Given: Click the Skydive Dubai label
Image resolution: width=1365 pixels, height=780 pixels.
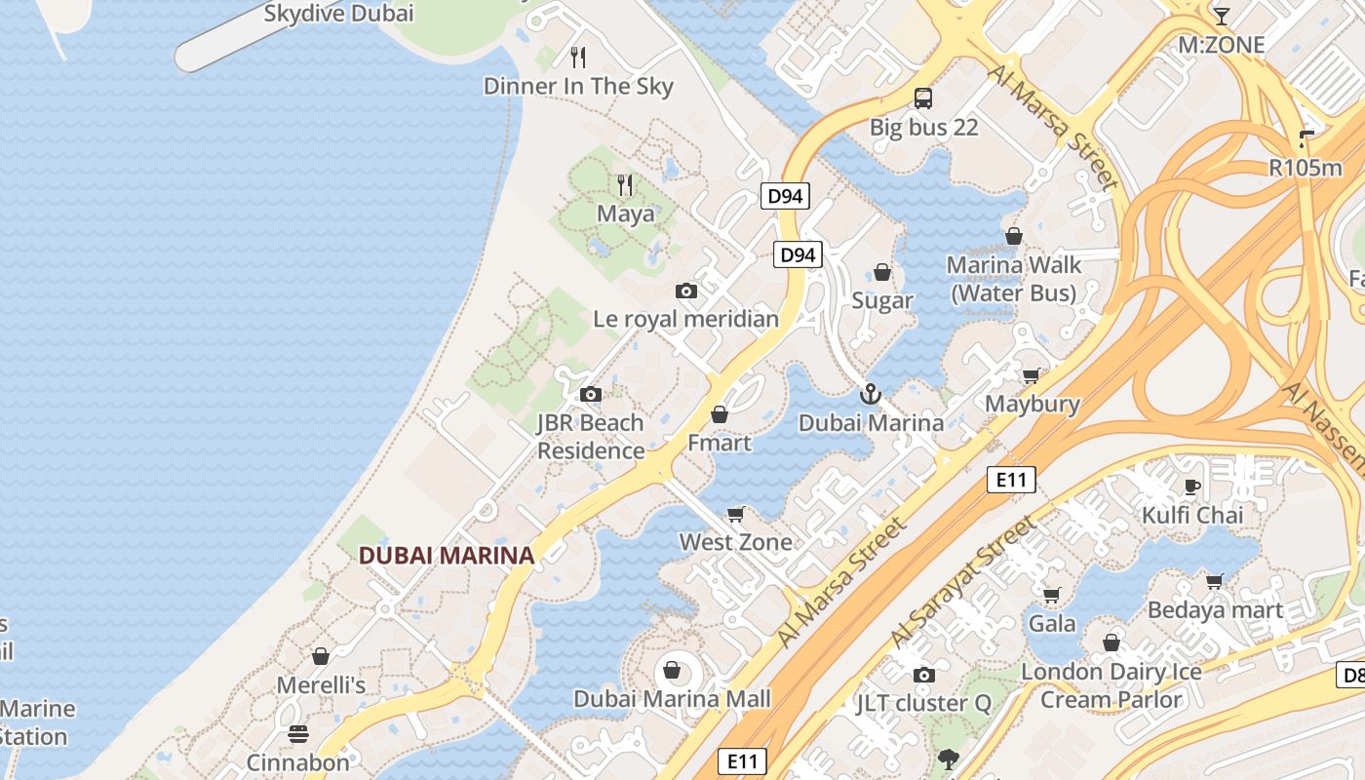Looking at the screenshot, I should [339, 14].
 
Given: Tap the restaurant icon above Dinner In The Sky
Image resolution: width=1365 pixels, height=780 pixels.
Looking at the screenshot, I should [578, 58].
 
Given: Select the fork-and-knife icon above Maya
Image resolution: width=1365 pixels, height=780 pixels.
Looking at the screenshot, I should [625, 184].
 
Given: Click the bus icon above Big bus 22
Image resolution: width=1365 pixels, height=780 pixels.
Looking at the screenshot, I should [923, 98].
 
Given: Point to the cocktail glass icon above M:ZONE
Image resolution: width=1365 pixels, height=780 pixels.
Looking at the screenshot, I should [1221, 16].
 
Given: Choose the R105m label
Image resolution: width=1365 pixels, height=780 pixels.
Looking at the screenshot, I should [1306, 168].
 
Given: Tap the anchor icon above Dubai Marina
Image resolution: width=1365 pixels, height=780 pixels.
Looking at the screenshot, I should [870, 394].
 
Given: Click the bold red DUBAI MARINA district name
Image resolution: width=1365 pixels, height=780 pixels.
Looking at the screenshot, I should [447, 556].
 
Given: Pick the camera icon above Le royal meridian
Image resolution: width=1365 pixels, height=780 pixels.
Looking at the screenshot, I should [686, 291].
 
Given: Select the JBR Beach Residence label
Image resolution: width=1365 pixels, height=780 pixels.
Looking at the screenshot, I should [591, 437].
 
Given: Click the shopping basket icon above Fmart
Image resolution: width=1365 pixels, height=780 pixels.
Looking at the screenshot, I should [720, 414].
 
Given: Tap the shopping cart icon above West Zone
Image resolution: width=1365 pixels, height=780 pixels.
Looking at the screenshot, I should [736, 514].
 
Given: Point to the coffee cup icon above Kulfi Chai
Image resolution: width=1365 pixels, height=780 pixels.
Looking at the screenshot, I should [1191, 487].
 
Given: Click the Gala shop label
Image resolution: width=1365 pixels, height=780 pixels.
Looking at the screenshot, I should [1053, 624].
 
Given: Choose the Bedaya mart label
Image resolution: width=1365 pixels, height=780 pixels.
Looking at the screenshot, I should [1216, 610].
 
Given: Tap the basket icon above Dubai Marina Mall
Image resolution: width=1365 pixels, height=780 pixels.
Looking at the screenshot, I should [671, 670].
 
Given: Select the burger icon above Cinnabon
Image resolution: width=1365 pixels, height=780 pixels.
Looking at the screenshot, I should [298, 734].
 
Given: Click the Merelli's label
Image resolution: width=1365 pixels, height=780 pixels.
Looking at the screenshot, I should [321, 685].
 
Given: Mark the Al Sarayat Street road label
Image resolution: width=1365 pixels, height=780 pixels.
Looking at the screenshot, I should [963, 583].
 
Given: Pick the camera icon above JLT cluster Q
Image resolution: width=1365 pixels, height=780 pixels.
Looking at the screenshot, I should [923, 675].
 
